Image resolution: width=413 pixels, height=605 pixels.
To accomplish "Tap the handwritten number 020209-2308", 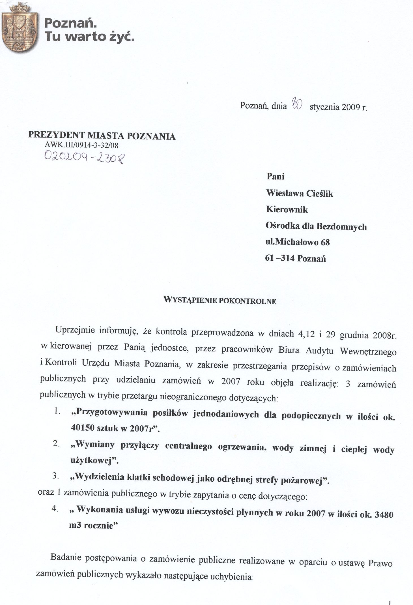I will pyautogui.click(x=84, y=157).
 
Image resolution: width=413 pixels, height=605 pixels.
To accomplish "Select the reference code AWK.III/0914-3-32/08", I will pyautogui.click(x=81, y=145).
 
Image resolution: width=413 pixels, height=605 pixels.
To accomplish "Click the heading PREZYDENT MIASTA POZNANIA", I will pyautogui.click(x=102, y=136).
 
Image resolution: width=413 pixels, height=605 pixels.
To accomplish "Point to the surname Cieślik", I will pyautogui.click(x=320, y=194).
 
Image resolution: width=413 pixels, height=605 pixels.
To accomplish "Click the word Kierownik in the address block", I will pyautogui.click(x=287, y=210).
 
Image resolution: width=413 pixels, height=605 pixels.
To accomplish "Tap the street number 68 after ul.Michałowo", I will pyautogui.click(x=325, y=242).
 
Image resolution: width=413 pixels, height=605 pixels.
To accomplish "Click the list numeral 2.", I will pyautogui.click(x=56, y=443).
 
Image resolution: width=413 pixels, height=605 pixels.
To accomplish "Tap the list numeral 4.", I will pyautogui.click(x=55, y=509).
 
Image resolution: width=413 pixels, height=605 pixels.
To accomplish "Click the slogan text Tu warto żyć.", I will pyautogui.click(x=89, y=37).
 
